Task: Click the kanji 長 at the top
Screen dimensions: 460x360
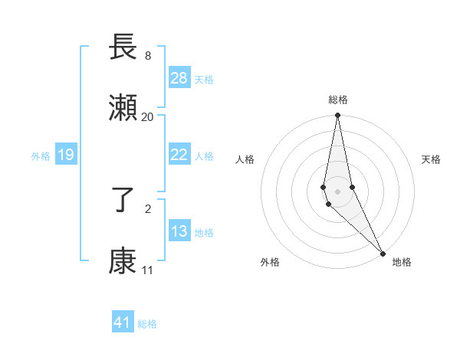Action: (x=123, y=47)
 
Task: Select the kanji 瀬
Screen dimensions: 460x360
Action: (x=123, y=108)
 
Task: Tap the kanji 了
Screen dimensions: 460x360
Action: (x=123, y=201)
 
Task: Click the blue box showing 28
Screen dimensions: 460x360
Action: (x=179, y=78)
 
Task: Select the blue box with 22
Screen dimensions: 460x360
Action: (x=179, y=155)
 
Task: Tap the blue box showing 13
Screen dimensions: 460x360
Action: (x=179, y=231)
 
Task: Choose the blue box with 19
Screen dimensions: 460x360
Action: (x=65, y=155)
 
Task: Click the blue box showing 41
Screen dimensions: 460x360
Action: (x=123, y=322)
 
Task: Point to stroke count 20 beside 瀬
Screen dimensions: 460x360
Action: (x=147, y=116)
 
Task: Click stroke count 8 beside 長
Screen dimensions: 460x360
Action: (x=147, y=55)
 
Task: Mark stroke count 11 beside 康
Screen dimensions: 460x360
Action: (x=147, y=270)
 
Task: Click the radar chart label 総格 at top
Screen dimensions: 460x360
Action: (x=338, y=100)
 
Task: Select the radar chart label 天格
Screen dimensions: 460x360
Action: (x=431, y=159)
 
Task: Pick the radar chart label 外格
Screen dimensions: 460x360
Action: (x=270, y=262)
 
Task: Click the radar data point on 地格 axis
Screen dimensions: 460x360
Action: (x=383, y=254)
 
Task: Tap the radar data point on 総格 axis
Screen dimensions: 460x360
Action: (x=337, y=116)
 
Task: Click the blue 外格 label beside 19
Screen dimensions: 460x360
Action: (x=41, y=155)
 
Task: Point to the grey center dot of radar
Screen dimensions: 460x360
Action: (x=337, y=191)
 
